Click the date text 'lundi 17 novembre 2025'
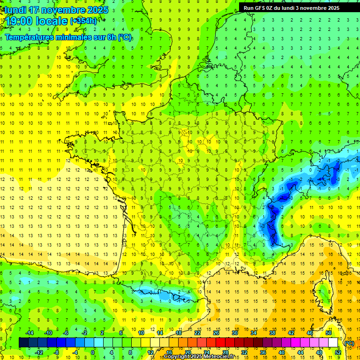tap(56, 10)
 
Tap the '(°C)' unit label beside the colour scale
tap(349, 343)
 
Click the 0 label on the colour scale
tap(93, 352)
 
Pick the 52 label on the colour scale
tap(337, 352)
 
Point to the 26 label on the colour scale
tap(216, 333)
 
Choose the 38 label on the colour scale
tap(272, 333)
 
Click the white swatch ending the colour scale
tap(333, 343)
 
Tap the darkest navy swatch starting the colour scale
tap(23, 343)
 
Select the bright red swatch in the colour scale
tap(220, 343)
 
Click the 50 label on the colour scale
tap(329, 333)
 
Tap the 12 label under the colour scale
tap(150, 352)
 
